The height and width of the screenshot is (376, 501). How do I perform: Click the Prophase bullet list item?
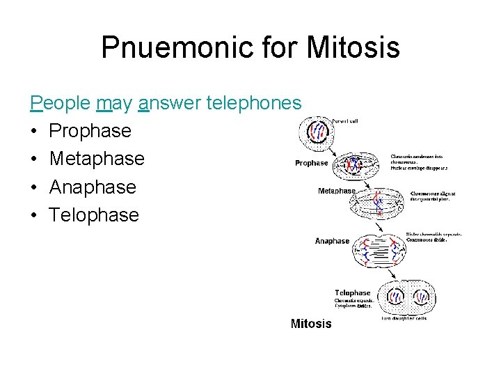90,131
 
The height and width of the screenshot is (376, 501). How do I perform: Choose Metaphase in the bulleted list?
97,159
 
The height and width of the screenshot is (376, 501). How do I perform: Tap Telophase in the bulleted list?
94,214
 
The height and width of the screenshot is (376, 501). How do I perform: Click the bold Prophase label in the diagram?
311,163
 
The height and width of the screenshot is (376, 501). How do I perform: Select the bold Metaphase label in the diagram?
337,191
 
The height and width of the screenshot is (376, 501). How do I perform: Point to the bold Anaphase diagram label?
332,241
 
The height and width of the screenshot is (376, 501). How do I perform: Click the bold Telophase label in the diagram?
352,292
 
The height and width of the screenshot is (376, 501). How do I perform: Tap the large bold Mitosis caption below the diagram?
311,323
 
